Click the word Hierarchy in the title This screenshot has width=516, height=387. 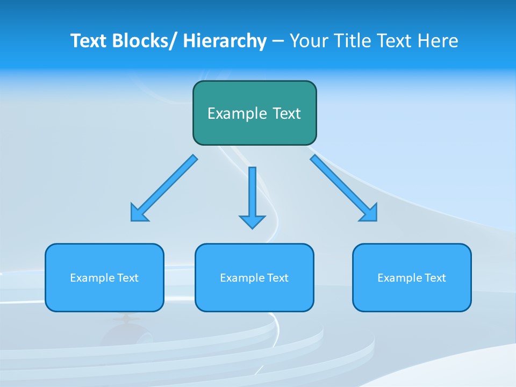(225, 41)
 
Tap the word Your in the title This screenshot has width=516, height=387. (309, 41)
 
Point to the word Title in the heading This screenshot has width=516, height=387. (352, 41)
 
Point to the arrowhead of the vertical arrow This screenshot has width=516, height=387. (252, 221)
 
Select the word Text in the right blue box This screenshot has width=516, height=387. (435, 278)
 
